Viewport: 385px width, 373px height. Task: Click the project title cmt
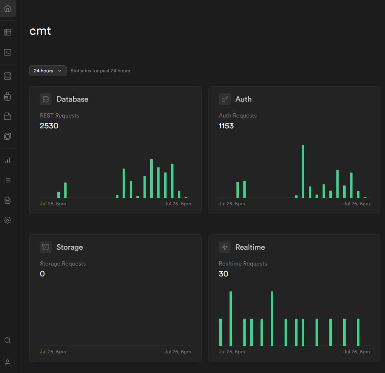(40, 31)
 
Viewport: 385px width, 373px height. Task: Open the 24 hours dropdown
(48, 71)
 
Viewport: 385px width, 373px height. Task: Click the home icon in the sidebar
(8, 8)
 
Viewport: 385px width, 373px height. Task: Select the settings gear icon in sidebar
(8, 220)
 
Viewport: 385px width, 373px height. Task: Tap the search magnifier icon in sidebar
(8, 340)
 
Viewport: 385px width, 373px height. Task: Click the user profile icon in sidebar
(8, 362)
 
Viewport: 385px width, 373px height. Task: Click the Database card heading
(72, 99)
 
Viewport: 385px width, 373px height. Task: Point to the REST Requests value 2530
(49, 125)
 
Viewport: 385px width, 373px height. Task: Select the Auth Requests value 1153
(226, 125)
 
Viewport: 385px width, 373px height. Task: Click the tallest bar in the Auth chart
(303, 171)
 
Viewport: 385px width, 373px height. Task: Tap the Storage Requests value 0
(42, 274)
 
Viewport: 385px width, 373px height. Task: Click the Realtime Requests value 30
(223, 274)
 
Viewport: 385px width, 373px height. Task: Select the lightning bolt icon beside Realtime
(225, 247)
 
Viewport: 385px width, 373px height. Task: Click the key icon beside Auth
(225, 99)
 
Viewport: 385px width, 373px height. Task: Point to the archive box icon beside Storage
(46, 247)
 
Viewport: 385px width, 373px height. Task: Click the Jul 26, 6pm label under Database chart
(177, 204)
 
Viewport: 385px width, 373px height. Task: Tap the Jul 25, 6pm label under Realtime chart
(232, 352)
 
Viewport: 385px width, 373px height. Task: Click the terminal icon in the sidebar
(8, 52)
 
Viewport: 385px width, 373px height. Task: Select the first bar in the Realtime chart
(221, 332)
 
